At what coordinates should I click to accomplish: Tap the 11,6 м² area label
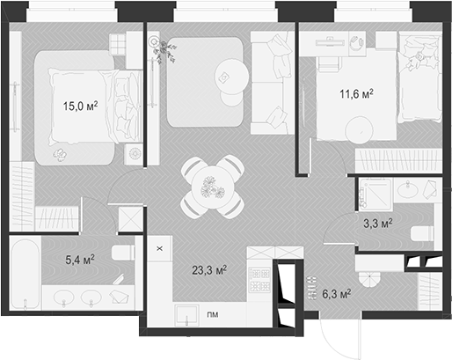[x=356, y=91]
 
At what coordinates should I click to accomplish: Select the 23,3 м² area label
[x=209, y=270]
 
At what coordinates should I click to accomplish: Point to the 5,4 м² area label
[x=79, y=260]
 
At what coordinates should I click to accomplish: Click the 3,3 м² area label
[x=379, y=224]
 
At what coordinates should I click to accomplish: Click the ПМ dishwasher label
[x=212, y=314]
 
